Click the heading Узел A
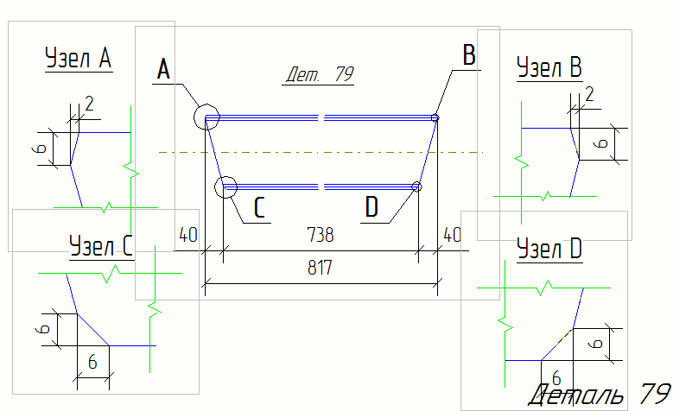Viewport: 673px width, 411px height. click(x=79, y=58)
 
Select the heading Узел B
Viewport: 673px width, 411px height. click(x=549, y=67)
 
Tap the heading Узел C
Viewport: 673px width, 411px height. click(x=101, y=246)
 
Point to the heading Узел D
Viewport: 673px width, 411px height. click(x=549, y=249)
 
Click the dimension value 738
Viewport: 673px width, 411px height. click(x=321, y=235)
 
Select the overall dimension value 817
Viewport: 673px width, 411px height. click(x=320, y=268)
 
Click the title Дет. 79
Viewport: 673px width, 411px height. click(x=320, y=74)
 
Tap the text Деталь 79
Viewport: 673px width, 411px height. click(x=600, y=394)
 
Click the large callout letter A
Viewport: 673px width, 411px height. click(x=163, y=69)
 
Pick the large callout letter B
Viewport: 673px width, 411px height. click(x=469, y=55)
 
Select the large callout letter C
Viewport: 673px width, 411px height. click(x=259, y=207)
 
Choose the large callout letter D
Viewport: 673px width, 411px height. click(x=371, y=206)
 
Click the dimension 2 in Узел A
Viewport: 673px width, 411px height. click(x=89, y=104)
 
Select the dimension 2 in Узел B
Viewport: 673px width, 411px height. click(x=589, y=94)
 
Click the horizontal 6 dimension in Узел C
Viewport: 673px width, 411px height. click(x=92, y=363)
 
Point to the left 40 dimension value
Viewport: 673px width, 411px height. click(x=188, y=235)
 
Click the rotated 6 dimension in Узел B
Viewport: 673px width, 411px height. click(x=603, y=143)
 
